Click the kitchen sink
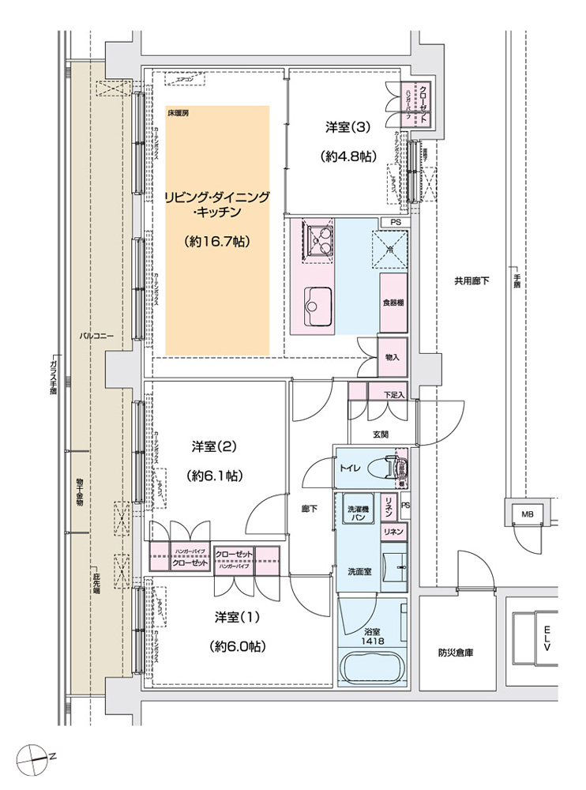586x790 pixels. [x=320, y=304]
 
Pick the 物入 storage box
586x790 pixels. [x=392, y=357]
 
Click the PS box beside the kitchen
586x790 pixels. [x=395, y=223]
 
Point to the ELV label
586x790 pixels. [x=547, y=638]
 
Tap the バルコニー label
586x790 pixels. [x=96, y=337]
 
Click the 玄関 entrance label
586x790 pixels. [x=380, y=434]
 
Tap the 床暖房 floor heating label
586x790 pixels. [x=178, y=114]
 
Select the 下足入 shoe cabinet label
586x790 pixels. [x=394, y=394]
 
